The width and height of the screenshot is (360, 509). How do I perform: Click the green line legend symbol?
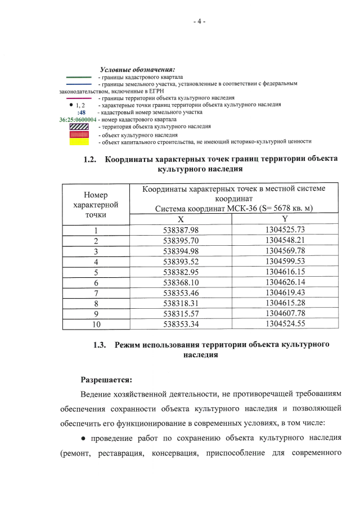(79, 76)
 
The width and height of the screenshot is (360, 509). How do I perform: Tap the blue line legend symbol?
(79, 84)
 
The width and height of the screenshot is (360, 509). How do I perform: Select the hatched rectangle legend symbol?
(79, 127)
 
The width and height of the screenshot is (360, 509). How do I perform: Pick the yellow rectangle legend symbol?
(79, 142)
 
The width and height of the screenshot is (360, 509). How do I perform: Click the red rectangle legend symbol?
(79, 134)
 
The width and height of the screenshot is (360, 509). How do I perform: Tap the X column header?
(181, 219)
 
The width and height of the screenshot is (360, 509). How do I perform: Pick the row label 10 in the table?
(96, 325)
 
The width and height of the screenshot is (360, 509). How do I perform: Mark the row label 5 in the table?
(96, 272)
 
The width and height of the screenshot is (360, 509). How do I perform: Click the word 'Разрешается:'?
(106, 380)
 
